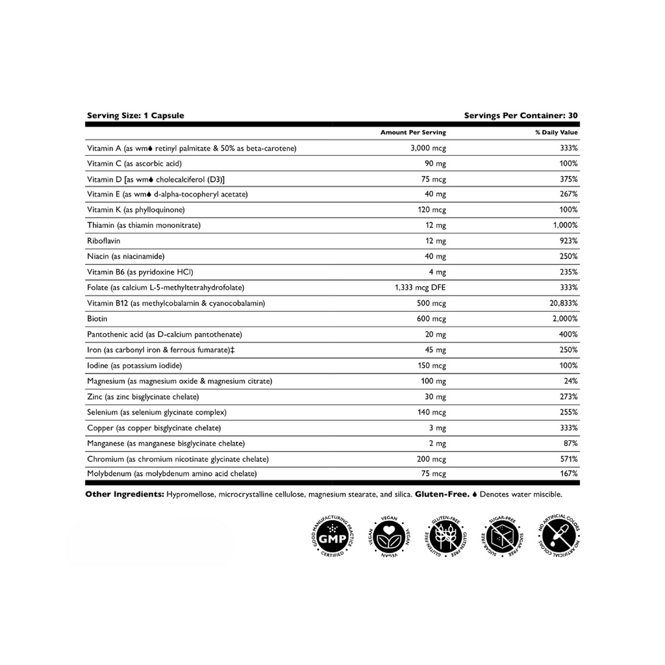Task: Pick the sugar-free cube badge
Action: (x=501, y=538)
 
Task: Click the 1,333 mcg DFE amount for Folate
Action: (x=420, y=288)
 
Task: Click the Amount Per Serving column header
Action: (x=413, y=132)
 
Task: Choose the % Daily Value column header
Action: (x=556, y=132)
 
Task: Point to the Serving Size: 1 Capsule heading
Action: (x=135, y=116)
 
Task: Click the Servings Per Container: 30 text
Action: (x=521, y=116)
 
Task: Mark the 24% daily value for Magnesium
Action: (x=571, y=381)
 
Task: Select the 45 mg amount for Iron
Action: (x=436, y=350)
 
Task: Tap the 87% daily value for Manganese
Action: (x=571, y=444)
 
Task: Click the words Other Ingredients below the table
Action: (x=123, y=494)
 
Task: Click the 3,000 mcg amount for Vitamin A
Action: (x=428, y=148)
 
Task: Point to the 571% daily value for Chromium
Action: (x=569, y=459)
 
